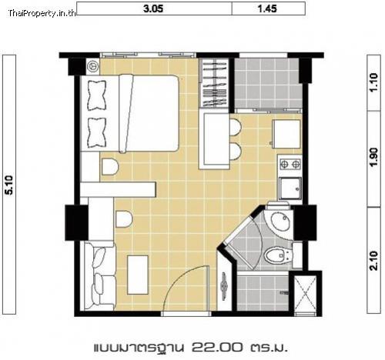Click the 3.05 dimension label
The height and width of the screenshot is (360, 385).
click(x=153, y=8)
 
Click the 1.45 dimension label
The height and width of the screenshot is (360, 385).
click(x=267, y=8)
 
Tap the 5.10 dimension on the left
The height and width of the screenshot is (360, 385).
click(x=9, y=185)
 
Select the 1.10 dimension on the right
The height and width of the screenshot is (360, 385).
click(x=374, y=82)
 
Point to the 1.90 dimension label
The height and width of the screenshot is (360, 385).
click(x=374, y=157)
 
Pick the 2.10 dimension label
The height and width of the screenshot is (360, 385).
click(x=374, y=261)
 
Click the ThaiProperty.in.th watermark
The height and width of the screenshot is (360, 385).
click(x=42, y=13)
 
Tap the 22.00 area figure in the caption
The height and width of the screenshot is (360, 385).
click(x=216, y=348)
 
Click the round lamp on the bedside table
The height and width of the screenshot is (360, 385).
click(x=92, y=65)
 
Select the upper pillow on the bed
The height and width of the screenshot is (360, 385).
click(x=96, y=95)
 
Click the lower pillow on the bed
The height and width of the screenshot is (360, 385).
click(x=96, y=133)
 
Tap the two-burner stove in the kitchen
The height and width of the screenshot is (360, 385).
click(x=290, y=163)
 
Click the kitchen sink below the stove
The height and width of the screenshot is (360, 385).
click(x=290, y=188)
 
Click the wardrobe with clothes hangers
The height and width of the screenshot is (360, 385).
click(x=214, y=83)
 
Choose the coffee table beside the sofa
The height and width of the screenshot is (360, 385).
click(x=138, y=275)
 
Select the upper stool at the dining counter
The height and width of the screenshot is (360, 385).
click(x=236, y=127)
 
